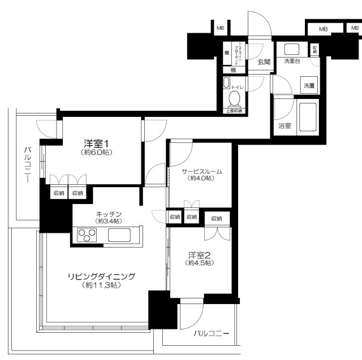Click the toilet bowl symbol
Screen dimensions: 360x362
pyautogui.click(x=234, y=99)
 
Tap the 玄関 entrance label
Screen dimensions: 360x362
pyautogui.click(x=264, y=61)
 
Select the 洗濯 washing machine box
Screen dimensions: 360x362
pyautogui.click(x=309, y=85)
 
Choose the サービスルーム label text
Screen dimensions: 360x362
pyautogui.click(x=201, y=171)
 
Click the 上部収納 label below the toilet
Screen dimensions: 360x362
pyautogui.click(x=234, y=111)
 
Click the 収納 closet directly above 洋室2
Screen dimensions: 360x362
pyautogui.click(x=217, y=218)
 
